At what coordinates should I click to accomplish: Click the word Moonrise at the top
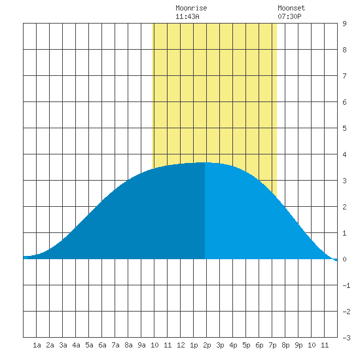click(x=191, y=8)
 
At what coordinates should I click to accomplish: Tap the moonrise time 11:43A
click(x=187, y=16)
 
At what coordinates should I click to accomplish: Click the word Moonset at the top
click(x=291, y=8)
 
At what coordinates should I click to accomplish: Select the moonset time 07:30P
click(x=289, y=16)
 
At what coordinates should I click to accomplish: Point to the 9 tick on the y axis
click(x=344, y=24)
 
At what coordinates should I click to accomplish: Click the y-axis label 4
click(x=344, y=154)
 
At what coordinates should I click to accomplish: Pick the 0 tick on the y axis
click(x=344, y=259)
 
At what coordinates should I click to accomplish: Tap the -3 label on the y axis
click(x=346, y=338)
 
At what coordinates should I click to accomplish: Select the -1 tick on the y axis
click(x=346, y=285)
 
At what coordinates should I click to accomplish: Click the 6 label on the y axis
click(x=344, y=102)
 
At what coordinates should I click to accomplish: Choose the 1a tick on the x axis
click(x=37, y=345)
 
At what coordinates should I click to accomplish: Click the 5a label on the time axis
click(x=89, y=345)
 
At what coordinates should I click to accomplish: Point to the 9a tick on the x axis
click(x=141, y=345)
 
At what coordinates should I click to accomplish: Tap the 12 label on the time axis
click(x=181, y=345)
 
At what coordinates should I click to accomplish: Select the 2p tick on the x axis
click(x=207, y=345)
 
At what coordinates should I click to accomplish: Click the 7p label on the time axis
click(x=272, y=345)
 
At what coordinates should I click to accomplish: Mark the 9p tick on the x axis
click(x=298, y=345)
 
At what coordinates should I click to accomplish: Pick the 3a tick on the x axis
click(x=63, y=345)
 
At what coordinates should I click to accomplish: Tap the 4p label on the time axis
click(x=233, y=345)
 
